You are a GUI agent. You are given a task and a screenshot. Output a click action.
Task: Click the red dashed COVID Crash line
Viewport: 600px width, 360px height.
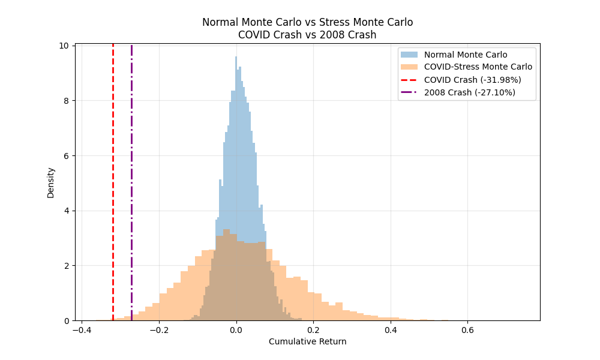tap(113, 180)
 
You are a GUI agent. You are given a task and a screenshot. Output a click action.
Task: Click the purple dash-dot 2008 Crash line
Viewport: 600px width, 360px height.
tap(131, 180)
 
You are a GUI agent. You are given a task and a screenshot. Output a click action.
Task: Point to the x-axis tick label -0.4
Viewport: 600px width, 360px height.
tap(82, 329)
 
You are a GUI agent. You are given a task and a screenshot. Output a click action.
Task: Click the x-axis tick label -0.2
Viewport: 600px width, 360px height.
tap(158, 329)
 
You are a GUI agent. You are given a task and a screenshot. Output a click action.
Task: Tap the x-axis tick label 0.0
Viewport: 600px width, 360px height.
tap(236, 329)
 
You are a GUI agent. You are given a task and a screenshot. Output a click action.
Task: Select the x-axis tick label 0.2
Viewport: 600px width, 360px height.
tap(313, 329)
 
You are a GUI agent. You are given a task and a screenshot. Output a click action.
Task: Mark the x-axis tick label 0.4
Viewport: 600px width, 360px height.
tap(391, 329)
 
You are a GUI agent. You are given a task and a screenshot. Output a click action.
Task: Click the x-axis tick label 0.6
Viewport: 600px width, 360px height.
tap(467, 329)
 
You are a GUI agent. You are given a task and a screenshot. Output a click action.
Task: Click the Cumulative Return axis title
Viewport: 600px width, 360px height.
tap(307, 341)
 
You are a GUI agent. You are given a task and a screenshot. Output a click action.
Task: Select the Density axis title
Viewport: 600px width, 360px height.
tap(51, 182)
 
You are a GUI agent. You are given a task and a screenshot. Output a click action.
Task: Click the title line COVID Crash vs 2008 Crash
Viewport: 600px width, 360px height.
tap(307, 35)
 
